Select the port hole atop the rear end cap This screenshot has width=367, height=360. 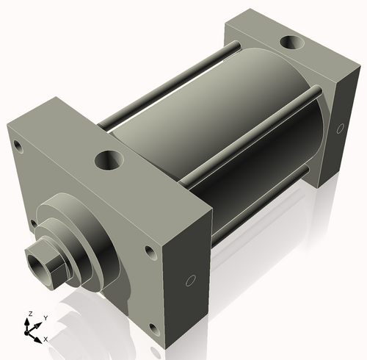[x=294, y=43]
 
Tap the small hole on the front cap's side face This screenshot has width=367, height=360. [x=189, y=280]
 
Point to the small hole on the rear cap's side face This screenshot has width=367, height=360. [x=339, y=129]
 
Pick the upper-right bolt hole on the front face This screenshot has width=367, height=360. [x=150, y=252]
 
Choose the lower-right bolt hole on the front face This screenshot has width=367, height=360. [x=152, y=328]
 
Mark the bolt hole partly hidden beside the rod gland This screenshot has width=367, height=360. [x=33, y=222]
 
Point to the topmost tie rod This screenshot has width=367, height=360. [x=176, y=81]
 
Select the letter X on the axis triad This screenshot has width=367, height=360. [x=46, y=339]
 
